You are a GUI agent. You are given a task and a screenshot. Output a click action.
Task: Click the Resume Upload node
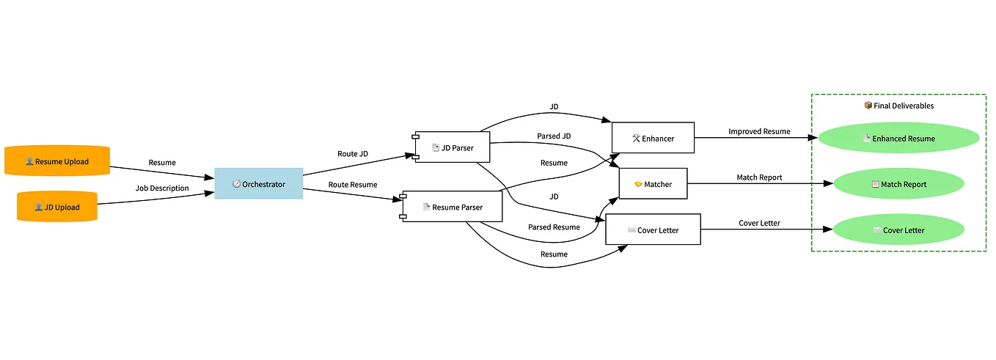57,161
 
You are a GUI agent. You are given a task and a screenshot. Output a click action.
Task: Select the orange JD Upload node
57,207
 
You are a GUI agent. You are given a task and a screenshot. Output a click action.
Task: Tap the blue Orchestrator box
259,184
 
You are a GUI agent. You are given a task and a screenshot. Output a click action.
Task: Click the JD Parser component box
453,147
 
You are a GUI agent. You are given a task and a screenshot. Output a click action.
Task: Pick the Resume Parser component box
453,207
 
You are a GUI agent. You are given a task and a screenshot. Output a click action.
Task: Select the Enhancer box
653,138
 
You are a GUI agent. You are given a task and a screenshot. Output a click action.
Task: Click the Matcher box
653,184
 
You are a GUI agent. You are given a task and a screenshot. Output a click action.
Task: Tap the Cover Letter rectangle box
653,230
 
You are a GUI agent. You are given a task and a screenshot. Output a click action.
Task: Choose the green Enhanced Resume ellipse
898,139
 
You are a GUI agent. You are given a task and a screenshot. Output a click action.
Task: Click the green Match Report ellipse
898,184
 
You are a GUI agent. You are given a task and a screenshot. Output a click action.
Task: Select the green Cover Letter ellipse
898,230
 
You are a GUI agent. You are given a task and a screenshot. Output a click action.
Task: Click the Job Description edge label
162,188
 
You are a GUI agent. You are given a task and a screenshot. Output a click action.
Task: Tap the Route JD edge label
353,154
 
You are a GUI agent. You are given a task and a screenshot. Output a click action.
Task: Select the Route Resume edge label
353,185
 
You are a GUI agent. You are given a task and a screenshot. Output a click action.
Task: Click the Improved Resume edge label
759,132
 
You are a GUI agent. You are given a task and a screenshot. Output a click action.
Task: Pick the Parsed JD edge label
554,136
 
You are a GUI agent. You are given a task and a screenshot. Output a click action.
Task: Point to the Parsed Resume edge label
554,227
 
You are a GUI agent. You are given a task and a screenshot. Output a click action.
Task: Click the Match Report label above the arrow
759,177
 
